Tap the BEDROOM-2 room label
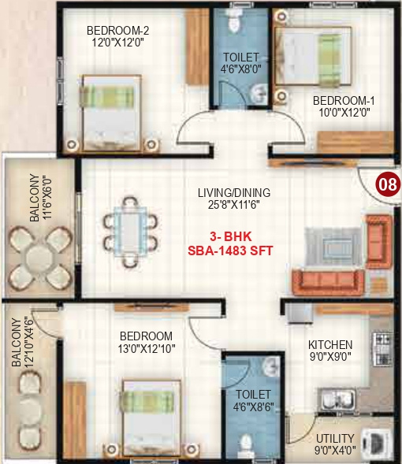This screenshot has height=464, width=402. [x=117, y=32]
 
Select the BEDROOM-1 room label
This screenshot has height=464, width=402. [x=343, y=100]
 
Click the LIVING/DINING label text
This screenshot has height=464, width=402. [x=234, y=192]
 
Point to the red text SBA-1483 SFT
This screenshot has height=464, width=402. [x=234, y=251]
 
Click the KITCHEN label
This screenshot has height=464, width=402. [x=330, y=345]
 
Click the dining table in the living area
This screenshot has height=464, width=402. [x=128, y=229]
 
